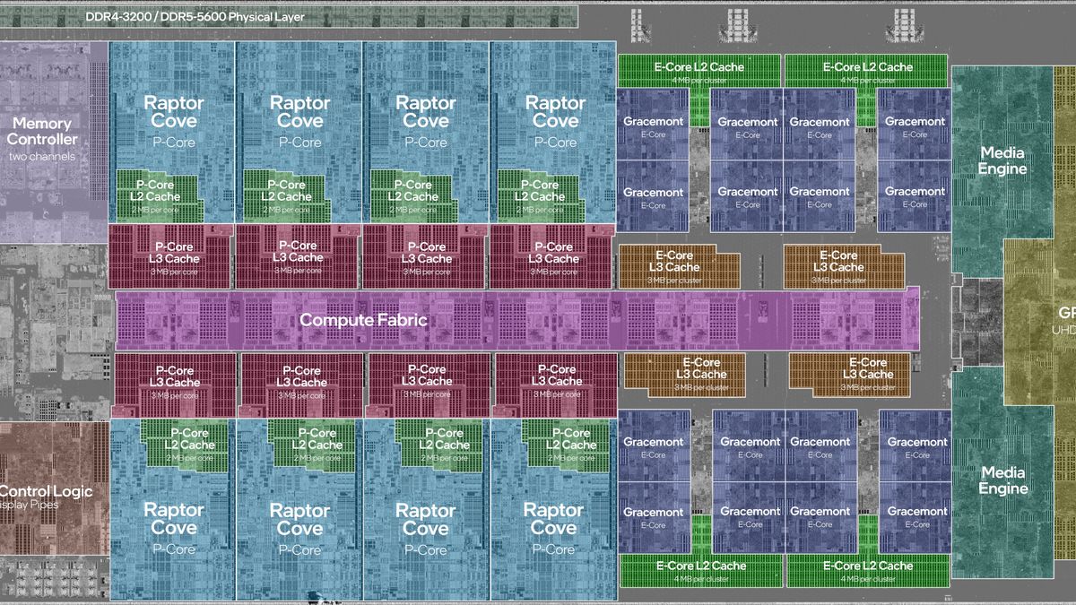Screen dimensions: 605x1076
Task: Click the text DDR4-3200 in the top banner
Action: click(116, 17)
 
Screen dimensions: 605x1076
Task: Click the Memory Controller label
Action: click(42, 131)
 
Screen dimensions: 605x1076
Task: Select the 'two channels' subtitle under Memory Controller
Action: click(42, 158)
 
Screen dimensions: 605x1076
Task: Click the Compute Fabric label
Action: click(362, 320)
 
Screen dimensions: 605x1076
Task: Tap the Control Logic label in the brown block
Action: click(46, 491)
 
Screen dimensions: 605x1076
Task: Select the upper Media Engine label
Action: click(1002, 160)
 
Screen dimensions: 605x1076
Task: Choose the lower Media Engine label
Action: click(1002, 480)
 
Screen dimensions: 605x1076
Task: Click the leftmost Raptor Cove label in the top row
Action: click(174, 111)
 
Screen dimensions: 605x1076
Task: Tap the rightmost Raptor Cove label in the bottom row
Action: click(553, 518)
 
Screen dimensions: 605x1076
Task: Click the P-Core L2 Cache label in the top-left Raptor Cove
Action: click(159, 191)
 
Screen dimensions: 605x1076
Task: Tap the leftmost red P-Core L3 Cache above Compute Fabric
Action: click(171, 253)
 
